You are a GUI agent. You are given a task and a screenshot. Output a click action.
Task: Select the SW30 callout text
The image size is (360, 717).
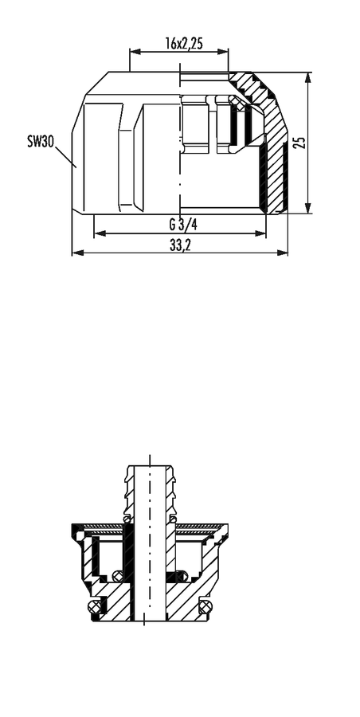(41, 141)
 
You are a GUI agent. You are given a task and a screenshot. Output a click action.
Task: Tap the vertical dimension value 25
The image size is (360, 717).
(299, 143)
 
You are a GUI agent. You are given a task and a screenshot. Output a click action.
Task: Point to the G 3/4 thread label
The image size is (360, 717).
(183, 225)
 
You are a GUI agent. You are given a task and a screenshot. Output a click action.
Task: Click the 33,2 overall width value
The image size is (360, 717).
(180, 245)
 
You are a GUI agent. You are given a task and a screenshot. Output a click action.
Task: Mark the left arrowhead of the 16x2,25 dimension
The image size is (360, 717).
(135, 52)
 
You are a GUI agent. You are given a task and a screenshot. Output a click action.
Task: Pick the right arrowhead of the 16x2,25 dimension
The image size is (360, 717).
(223, 52)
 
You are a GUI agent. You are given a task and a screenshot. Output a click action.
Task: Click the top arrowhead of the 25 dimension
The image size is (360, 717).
(308, 78)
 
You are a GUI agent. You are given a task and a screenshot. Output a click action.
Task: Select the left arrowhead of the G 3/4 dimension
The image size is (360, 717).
(100, 233)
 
